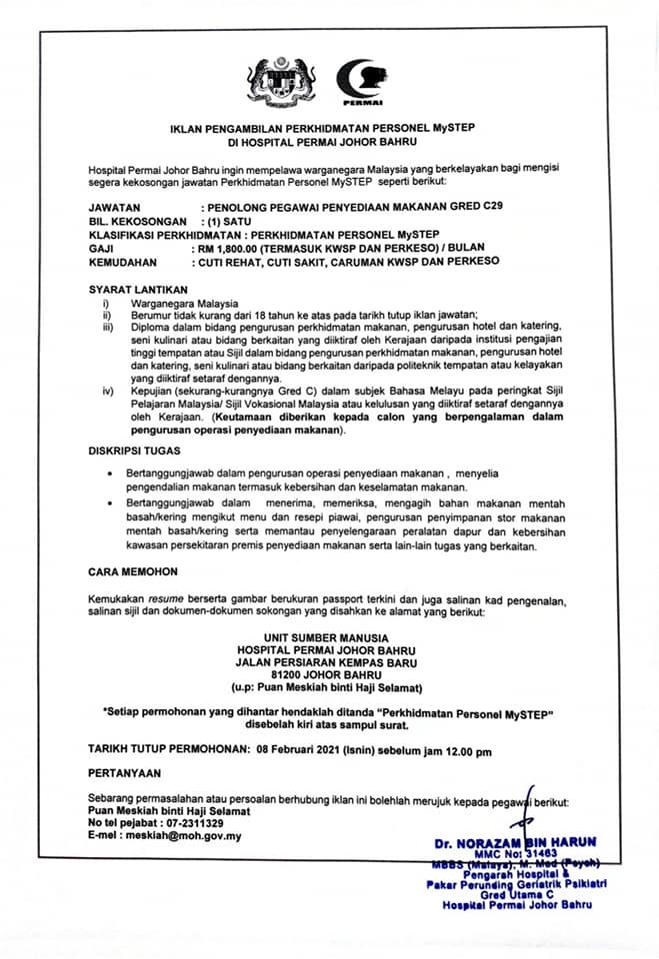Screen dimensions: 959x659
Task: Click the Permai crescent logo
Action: click(x=361, y=82)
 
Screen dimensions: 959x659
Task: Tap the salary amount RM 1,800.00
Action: click(x=236, y=244)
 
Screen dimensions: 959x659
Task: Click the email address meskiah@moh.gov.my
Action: click(x=188, y=836)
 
